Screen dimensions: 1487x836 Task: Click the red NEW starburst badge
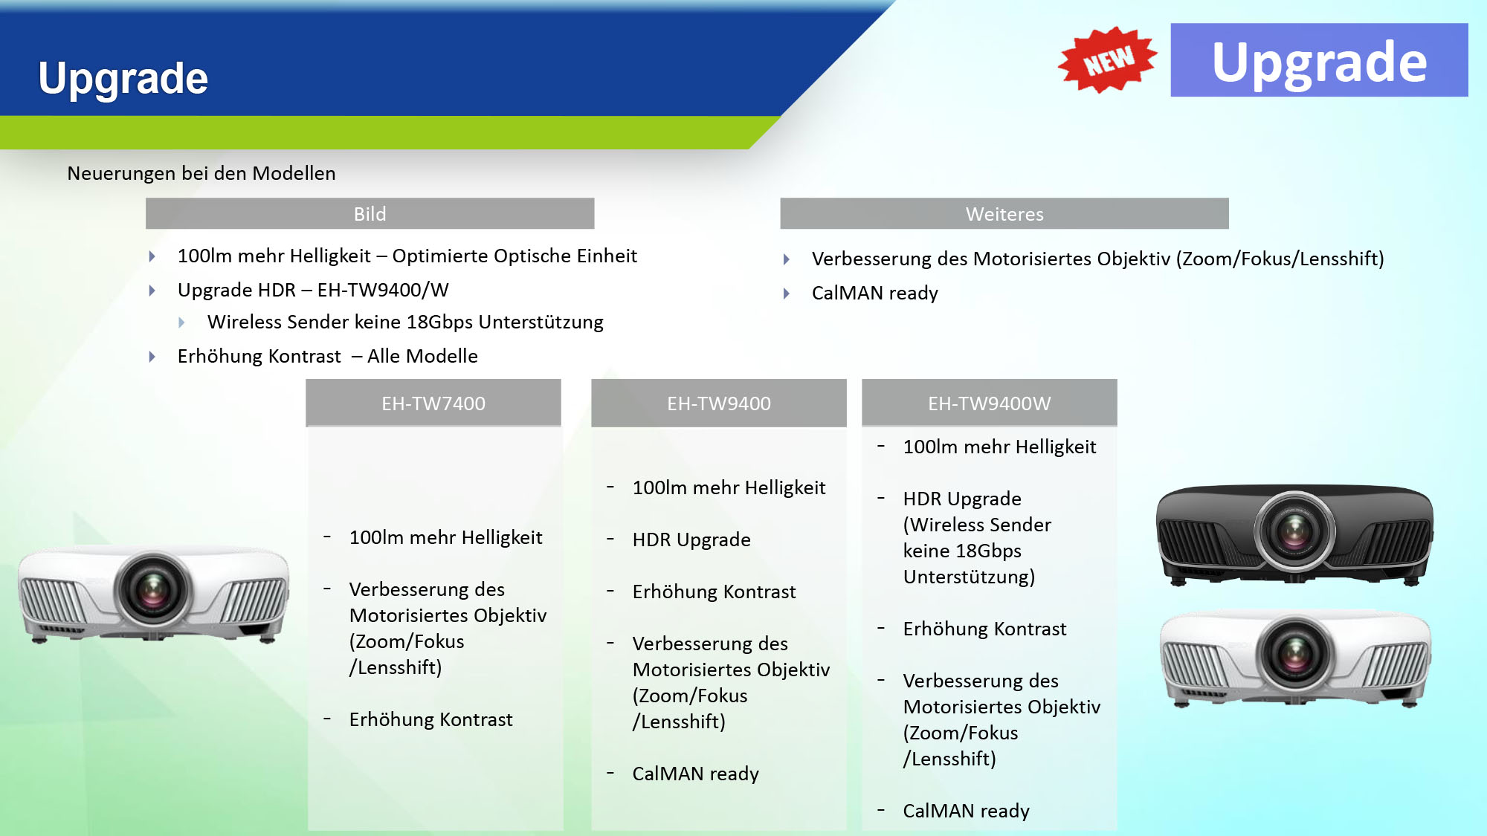pyautogui.click(x=1108, y=59)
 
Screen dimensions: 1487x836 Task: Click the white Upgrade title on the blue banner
pyautogui.click(x=123, y=79)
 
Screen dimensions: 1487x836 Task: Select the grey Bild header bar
pyautogui.click(x=370, y=214)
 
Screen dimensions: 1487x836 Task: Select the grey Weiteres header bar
pyautogui.click(x=1004, y=214)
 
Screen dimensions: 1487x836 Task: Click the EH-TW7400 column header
pyautogui.click(x=433, y=403)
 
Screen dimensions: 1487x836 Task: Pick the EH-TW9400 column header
pyautogui.click(x=719, y=403)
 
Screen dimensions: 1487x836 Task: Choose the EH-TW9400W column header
pyautogui.click(x=990, y=403)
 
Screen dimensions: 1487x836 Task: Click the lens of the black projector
pyautogui.click(x=1294, y=530)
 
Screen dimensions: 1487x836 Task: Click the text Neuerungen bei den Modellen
pyautogui.click(x=201, y=174)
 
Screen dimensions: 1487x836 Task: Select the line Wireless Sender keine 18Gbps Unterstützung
pyautogui.click(x=405, y=322)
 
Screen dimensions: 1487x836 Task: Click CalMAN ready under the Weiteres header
pyautogui.click(x=875, y=293)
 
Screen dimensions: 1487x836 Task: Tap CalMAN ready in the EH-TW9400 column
pyautogui.click(x=696, y=774)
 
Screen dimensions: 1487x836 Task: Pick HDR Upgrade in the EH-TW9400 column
pyautogui.click(x=691, y=539)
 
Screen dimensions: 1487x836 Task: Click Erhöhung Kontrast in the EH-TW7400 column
pyautogui.click(x=431, y=719)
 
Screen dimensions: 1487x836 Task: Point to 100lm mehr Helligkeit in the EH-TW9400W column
pyautogui.click(x=1000, y=447)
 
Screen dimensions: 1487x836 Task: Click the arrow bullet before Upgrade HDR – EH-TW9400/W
pyautogui.click(x=152, y=291)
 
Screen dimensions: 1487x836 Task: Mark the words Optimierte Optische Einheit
pyautogui.click(x=515, y=256)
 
